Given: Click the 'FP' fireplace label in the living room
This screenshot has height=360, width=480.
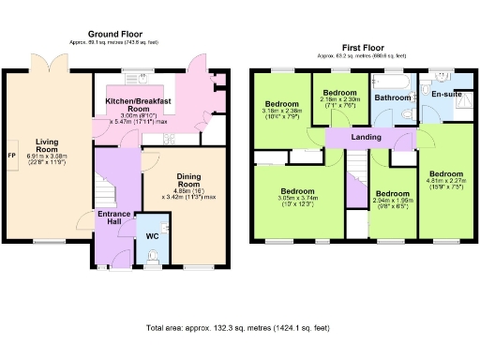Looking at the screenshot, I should coord(11,155).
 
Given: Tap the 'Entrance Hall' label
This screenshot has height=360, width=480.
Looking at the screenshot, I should coord(115,217).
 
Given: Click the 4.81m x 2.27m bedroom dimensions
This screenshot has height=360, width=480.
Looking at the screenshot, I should coord(445,185).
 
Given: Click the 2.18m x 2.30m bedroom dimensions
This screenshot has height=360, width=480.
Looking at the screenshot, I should coord(339,105).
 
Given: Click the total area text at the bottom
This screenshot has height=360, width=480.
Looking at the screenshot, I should coord(239,329).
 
